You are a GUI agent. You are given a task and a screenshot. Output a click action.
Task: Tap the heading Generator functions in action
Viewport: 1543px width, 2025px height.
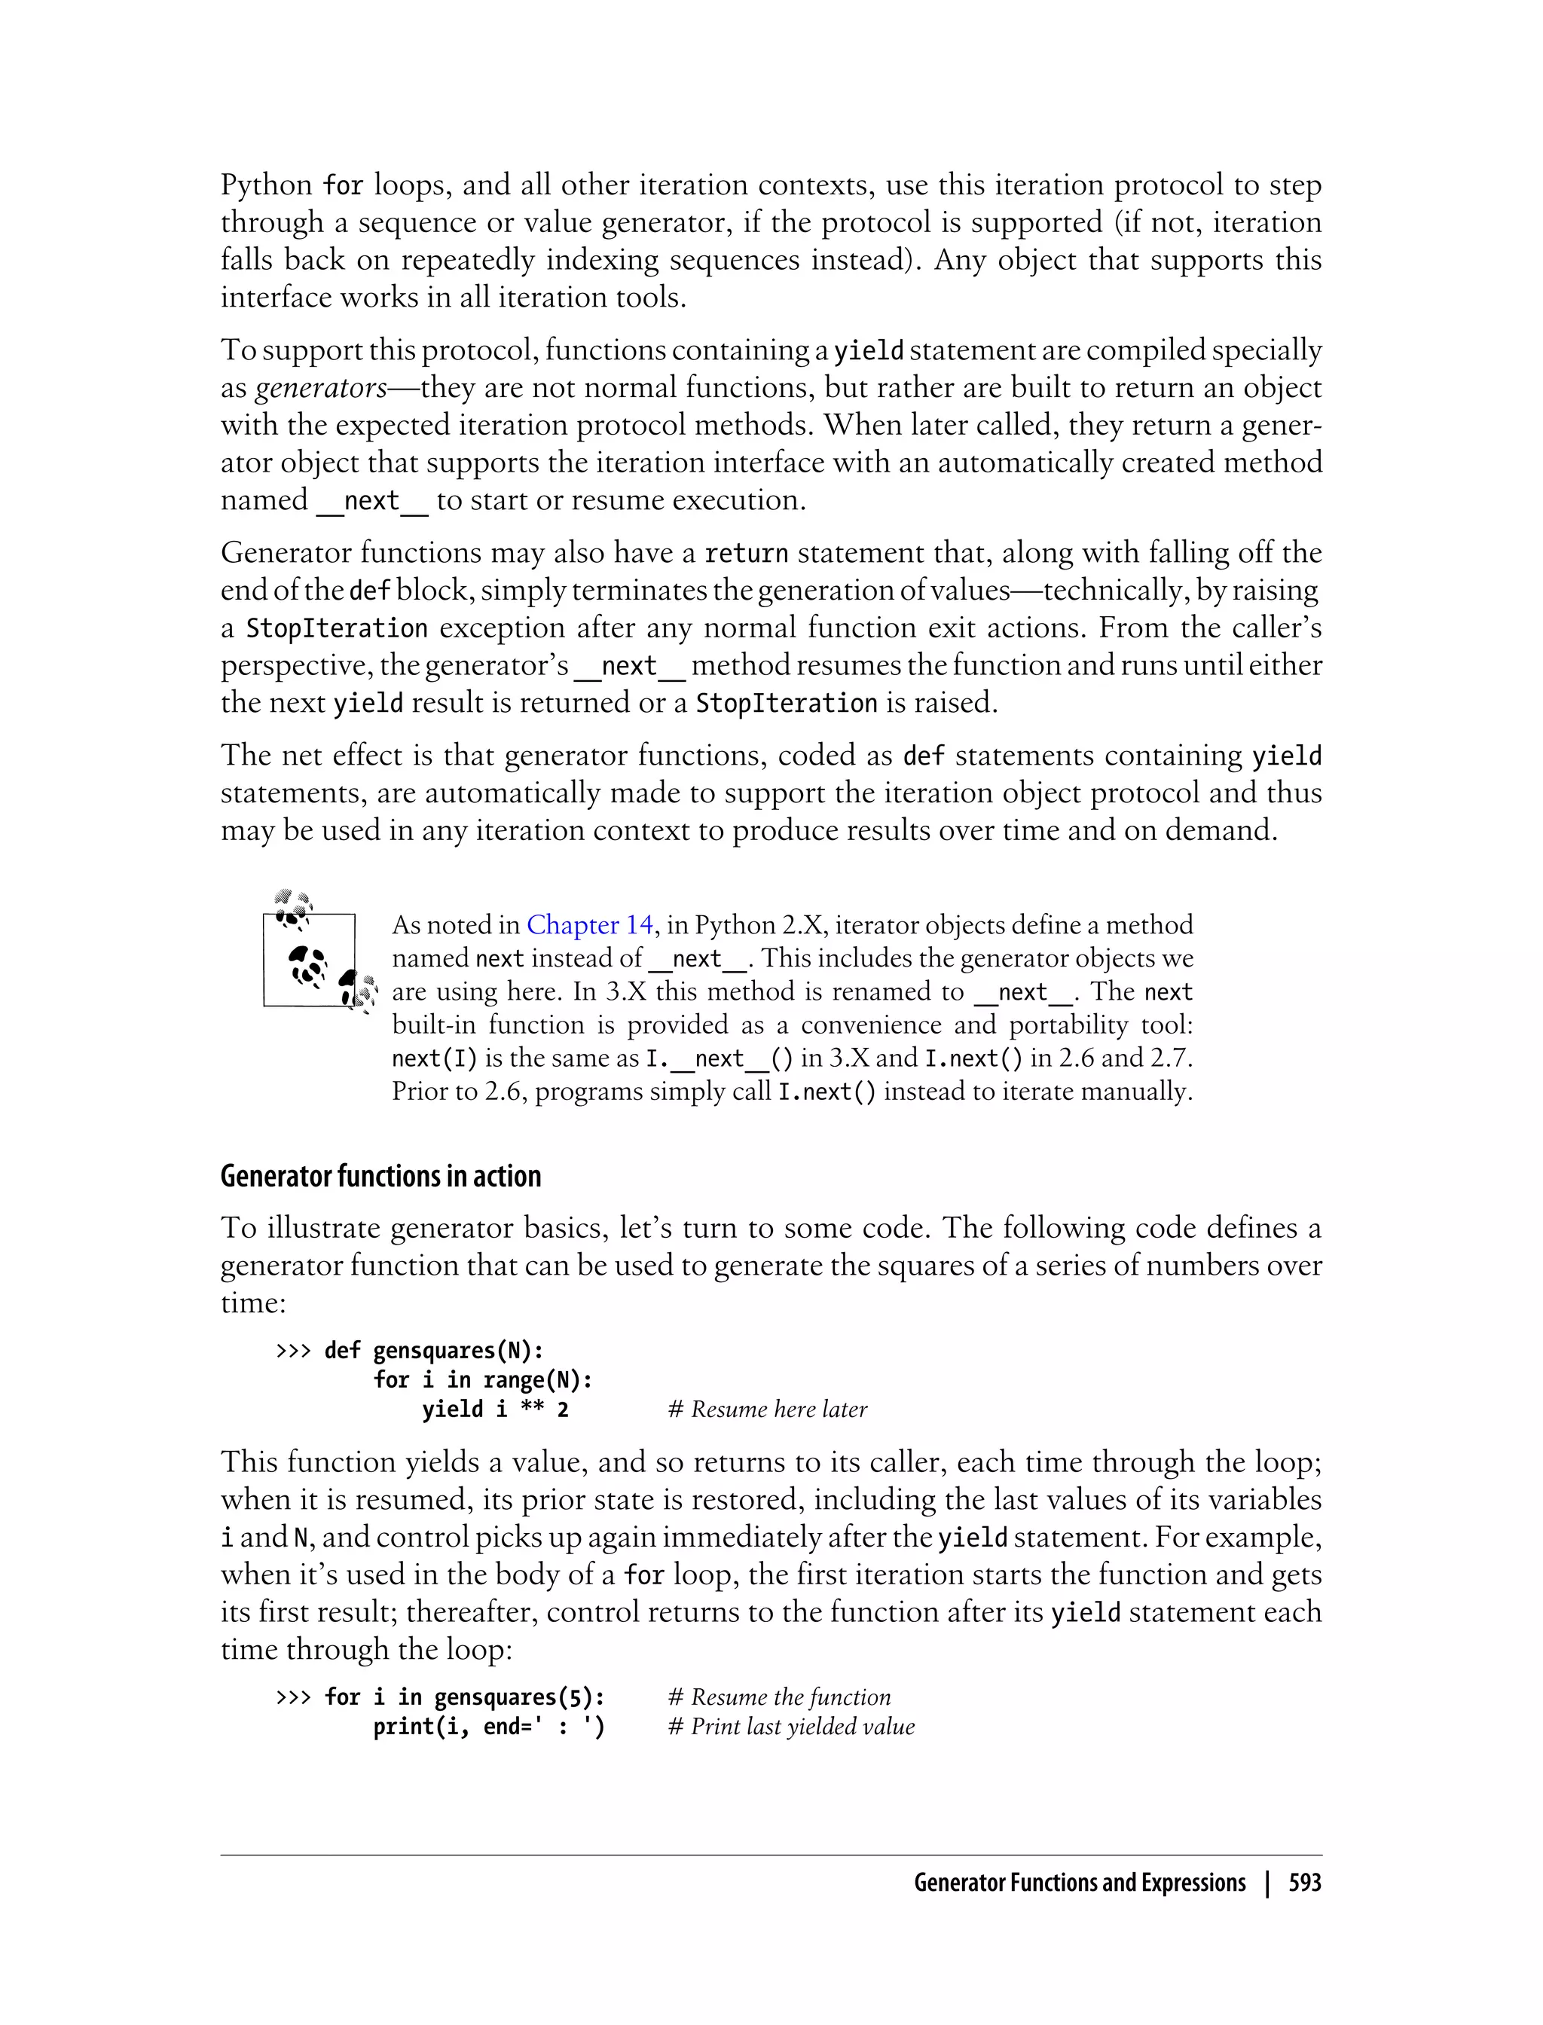tap(380, 1177)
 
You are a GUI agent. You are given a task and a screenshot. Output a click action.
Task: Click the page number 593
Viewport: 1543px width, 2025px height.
tap(1304, 1883)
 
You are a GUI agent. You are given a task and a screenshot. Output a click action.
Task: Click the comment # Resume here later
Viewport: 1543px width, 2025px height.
tap(767, 1410)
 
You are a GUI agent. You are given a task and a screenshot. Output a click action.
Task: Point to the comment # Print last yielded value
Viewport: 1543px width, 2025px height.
tap(791, 1727)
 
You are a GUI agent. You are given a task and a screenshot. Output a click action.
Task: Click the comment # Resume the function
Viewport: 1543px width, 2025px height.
tap(779, 1697)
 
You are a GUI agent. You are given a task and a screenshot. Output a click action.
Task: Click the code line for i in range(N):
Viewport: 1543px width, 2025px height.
tap(482, 1380)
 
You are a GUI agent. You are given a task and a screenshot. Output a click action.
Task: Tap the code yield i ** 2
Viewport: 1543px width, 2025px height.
tap(495, 1410)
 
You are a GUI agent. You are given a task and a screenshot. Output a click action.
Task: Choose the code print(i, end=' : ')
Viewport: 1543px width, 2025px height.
tap(489, 1727)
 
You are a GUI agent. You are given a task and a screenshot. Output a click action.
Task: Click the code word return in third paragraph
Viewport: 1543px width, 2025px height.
tap(746, 554)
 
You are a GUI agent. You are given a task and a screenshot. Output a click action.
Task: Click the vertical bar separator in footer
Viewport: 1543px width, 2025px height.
tap(1267, 1883)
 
